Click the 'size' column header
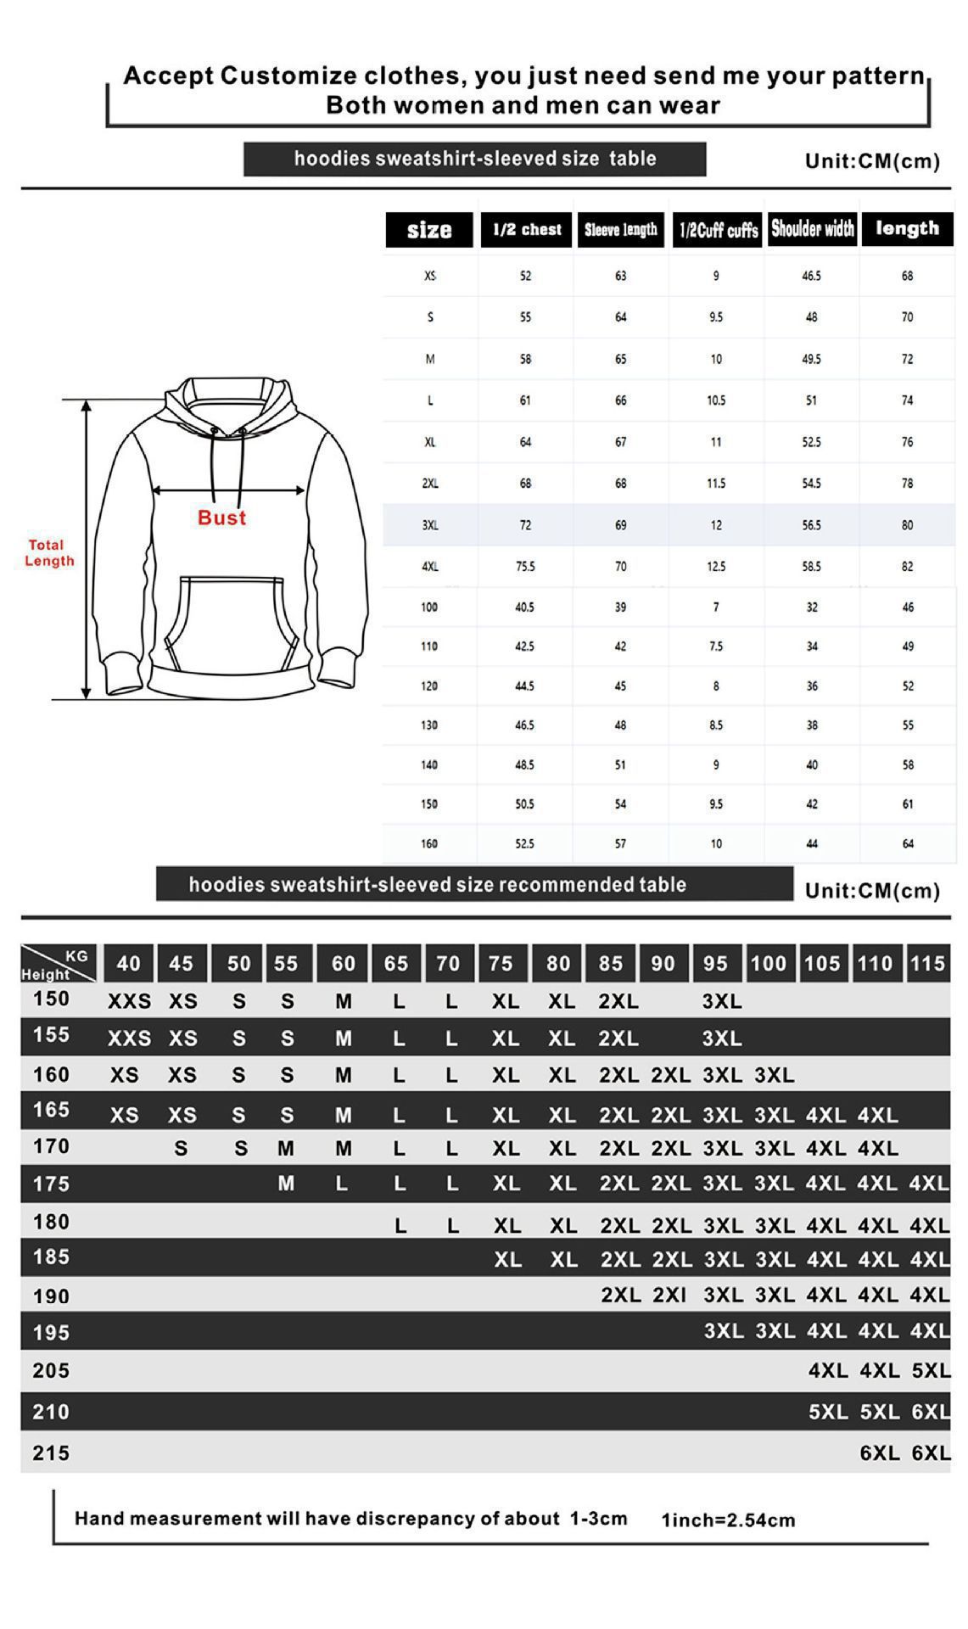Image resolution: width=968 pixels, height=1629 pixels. pyautogui.click(x=428, y=230)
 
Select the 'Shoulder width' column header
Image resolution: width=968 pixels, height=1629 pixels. pyautogui.click(x=812, y=228)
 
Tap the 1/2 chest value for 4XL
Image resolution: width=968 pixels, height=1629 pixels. pyautogui.click(x=525, y=566)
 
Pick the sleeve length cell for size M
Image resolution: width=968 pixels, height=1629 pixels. pyautogui.click(x=620, y=359)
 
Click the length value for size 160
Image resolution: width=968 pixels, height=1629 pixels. pyautogui.click(x=907, y=843)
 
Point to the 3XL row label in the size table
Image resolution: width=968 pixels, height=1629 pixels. pyautogui.click(x=430, y=525)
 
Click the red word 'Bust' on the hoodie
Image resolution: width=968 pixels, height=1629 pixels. pyautogui.click(x=221, y=518)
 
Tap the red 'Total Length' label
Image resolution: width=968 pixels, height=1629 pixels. pyautogui.click(x=49, y=552)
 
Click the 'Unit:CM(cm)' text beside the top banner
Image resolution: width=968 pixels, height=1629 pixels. pyautogui.click(x=872, y=161)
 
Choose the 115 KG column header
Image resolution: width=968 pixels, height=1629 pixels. pyautogui.click(x=926, y=963)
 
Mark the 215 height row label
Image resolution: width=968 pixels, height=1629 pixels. pyautogui.click(x=51, y=1453)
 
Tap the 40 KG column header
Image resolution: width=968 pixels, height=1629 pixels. pyautogui.click(x=128, y=963)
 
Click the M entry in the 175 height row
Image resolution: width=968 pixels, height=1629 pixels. pyautogui.click(x=286, y=1183)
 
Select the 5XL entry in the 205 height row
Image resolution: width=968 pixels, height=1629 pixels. pyautogui.click(x=931, y=1370)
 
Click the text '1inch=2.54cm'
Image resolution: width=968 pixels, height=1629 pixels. pyautogui.click(x=728, y=1520)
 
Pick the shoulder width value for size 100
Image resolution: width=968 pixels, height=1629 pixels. pyautogui.click(x=812, y=607)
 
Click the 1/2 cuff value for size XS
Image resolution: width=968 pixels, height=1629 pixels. pyautogui.click(x=716, y=276)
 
